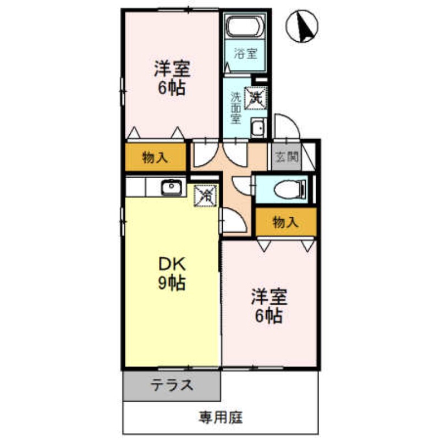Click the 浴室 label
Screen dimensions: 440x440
[245, 54]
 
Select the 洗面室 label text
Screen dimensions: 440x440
[235, 107]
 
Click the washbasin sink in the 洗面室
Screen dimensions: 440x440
[257, 128]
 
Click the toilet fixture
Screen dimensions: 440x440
[288, 190]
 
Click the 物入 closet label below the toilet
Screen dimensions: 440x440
[285, 222]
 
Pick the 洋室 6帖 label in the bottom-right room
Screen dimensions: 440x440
[269, 306]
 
